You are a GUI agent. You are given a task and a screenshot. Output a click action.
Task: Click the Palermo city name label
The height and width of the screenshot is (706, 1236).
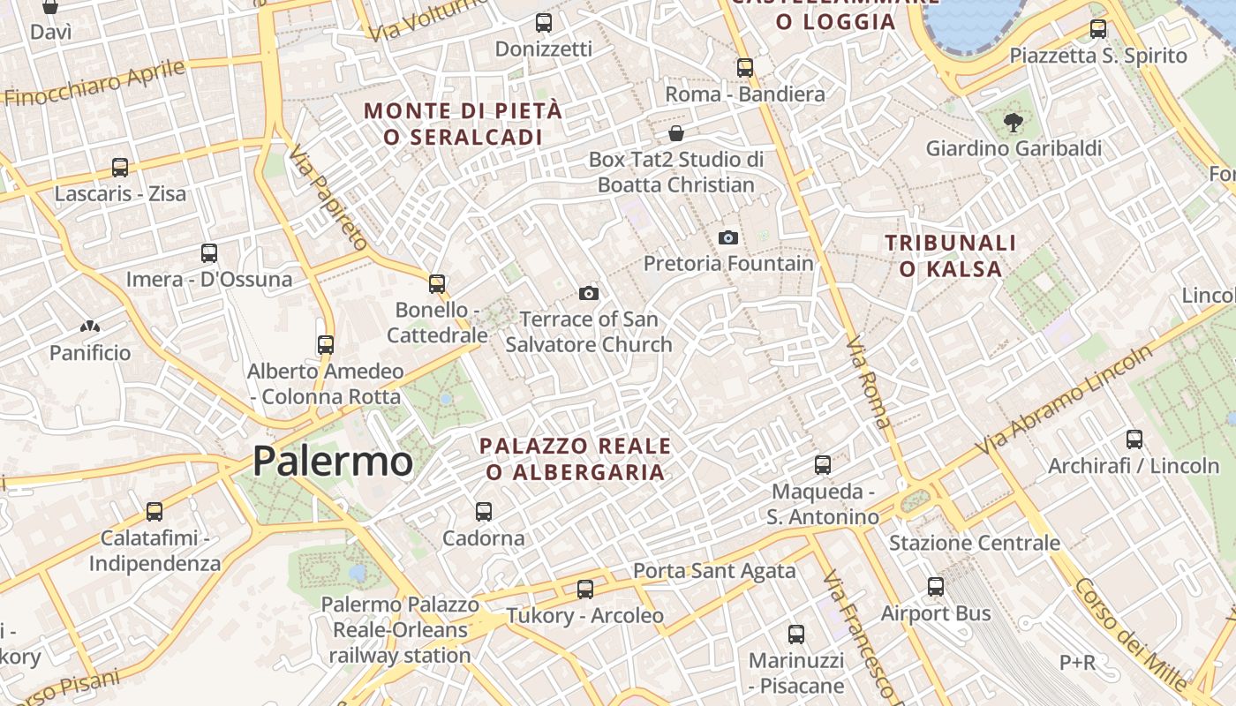[x=332, y=461]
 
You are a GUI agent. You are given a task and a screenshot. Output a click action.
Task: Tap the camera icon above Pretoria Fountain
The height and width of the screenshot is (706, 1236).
[x=727, y=237]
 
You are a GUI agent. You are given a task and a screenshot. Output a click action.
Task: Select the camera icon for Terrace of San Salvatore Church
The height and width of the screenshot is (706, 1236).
[x=589, y=293]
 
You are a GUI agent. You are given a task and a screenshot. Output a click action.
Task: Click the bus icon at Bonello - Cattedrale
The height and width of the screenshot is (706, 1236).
[x=437, y=283]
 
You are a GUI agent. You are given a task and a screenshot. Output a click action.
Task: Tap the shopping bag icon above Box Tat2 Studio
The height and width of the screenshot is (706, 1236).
[x=675, y=133]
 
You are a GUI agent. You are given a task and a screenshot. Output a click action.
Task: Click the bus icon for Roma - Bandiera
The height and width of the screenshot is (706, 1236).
[x=745, y=67]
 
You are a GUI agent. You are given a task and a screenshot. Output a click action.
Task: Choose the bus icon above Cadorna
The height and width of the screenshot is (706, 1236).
[x=483, y=511]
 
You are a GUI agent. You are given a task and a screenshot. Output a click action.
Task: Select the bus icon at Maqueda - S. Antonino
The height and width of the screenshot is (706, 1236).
[x=822, y=464]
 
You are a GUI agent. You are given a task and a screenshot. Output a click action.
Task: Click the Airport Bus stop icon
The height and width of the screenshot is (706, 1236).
[x=936, y=586]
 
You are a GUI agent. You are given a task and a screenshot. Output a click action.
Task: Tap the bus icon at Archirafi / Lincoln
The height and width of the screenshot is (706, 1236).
[x=1134, y=439]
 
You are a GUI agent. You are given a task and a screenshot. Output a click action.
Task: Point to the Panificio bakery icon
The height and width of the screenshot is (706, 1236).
[x=89, y=327]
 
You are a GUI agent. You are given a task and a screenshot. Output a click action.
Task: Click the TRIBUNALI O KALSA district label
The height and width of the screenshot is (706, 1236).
[x=950, y=255]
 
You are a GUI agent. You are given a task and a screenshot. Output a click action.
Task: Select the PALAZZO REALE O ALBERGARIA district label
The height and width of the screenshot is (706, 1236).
[x=575, y=459]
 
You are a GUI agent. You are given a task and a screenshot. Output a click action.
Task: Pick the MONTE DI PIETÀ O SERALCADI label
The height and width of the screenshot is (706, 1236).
[x=463, y=124]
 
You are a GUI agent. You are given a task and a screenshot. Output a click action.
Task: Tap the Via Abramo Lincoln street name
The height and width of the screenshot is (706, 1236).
[x=1063, y=402]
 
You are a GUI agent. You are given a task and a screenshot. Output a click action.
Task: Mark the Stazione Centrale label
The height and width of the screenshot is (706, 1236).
[x=974, y=543]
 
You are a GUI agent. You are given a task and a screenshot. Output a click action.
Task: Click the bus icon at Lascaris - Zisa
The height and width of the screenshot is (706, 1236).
[x=120, y=167]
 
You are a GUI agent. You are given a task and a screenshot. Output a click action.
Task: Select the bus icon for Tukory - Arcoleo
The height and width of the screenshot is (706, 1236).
[x=584, y=589]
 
